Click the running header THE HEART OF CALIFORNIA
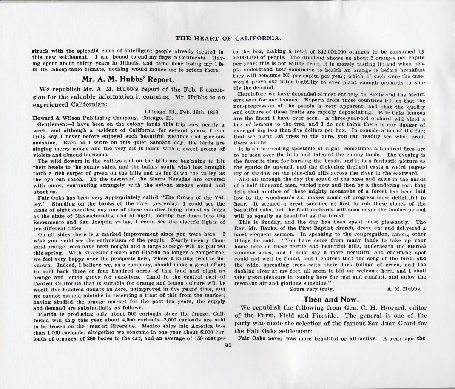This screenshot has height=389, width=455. [x=227, y=38]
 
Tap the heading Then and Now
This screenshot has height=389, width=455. [x=329, y=299]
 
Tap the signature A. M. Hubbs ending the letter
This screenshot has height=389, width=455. [x=404, y=288]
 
